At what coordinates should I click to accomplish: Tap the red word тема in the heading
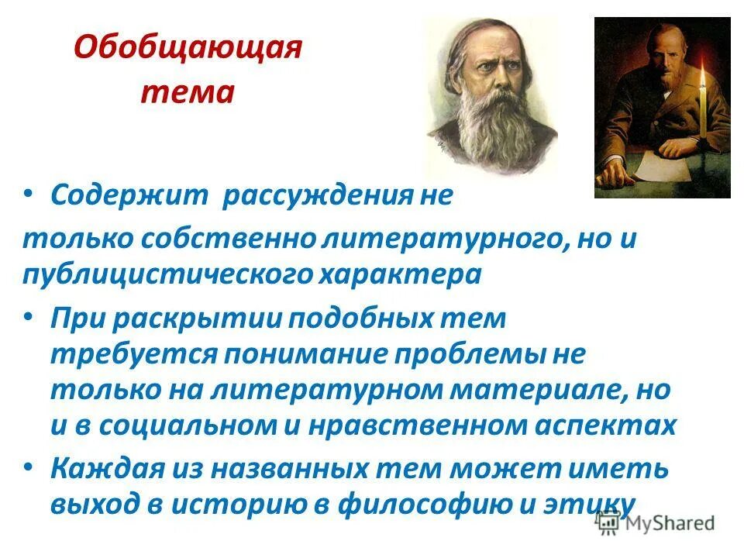point(187,93)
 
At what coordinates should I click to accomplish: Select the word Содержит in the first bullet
point(129,195)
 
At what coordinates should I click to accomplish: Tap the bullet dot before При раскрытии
point(29,317)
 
